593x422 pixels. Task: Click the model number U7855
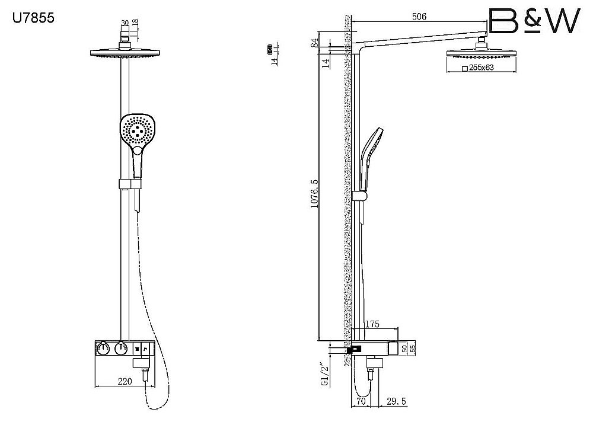34,18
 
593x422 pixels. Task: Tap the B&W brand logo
533,21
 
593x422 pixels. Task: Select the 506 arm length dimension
419,17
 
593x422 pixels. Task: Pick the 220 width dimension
125,382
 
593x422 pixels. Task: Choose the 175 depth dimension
373,324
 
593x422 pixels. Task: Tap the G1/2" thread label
324,375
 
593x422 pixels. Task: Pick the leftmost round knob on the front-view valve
102,349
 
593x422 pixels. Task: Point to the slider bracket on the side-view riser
358,196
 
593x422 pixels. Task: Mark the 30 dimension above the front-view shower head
124,23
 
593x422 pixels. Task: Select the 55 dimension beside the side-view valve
413,349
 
